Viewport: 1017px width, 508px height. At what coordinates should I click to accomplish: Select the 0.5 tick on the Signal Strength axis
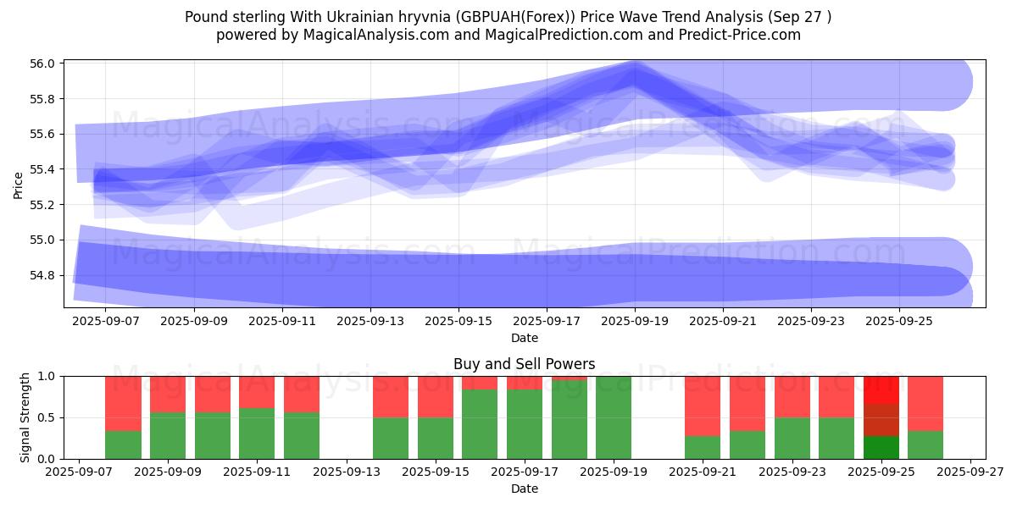(47, 417)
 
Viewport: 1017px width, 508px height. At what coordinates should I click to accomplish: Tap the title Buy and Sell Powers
(524, 364)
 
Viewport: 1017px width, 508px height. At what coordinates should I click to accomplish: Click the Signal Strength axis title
(25, 417)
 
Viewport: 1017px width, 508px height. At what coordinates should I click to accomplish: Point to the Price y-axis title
(19, 185)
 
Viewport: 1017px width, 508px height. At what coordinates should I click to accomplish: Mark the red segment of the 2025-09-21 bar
(703, 406)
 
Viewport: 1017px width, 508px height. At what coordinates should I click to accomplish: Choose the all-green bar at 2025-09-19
(614, 417)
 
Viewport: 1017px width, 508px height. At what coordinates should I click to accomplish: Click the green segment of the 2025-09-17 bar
(525, 424)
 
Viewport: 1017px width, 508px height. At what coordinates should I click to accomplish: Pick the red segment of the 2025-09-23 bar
(792, 396)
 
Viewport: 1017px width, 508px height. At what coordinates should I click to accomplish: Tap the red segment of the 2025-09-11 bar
(257, 392)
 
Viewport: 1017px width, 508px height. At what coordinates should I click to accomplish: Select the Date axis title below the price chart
(524, 338)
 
